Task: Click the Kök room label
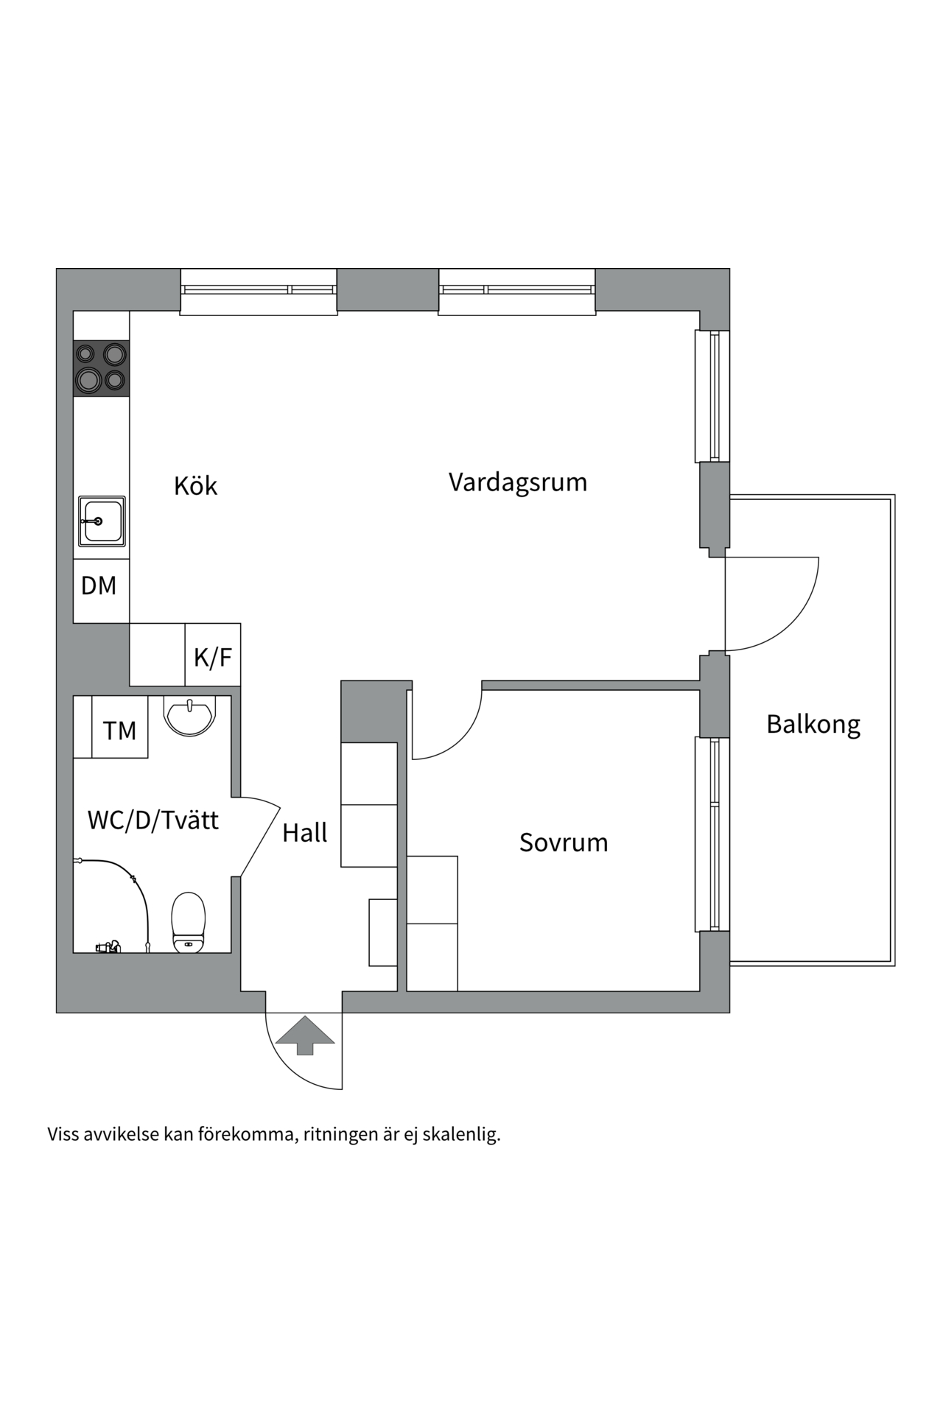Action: point(195,486)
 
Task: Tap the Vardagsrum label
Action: point(518,482)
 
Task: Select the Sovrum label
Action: point(564,843)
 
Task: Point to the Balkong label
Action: point(813,725)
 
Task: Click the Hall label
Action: point(304,833)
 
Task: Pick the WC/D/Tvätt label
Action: point(153,820)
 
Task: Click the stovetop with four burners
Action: point(101,368)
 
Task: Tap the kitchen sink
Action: point(102,521)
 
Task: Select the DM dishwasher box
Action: point(99,586)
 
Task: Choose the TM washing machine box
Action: point(119,731)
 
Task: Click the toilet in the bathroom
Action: point(188,922)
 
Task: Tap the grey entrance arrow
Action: point(305,1035)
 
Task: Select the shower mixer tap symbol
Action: point(108,947)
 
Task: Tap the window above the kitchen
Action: point(259,290)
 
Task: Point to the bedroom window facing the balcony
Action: point(712,834)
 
